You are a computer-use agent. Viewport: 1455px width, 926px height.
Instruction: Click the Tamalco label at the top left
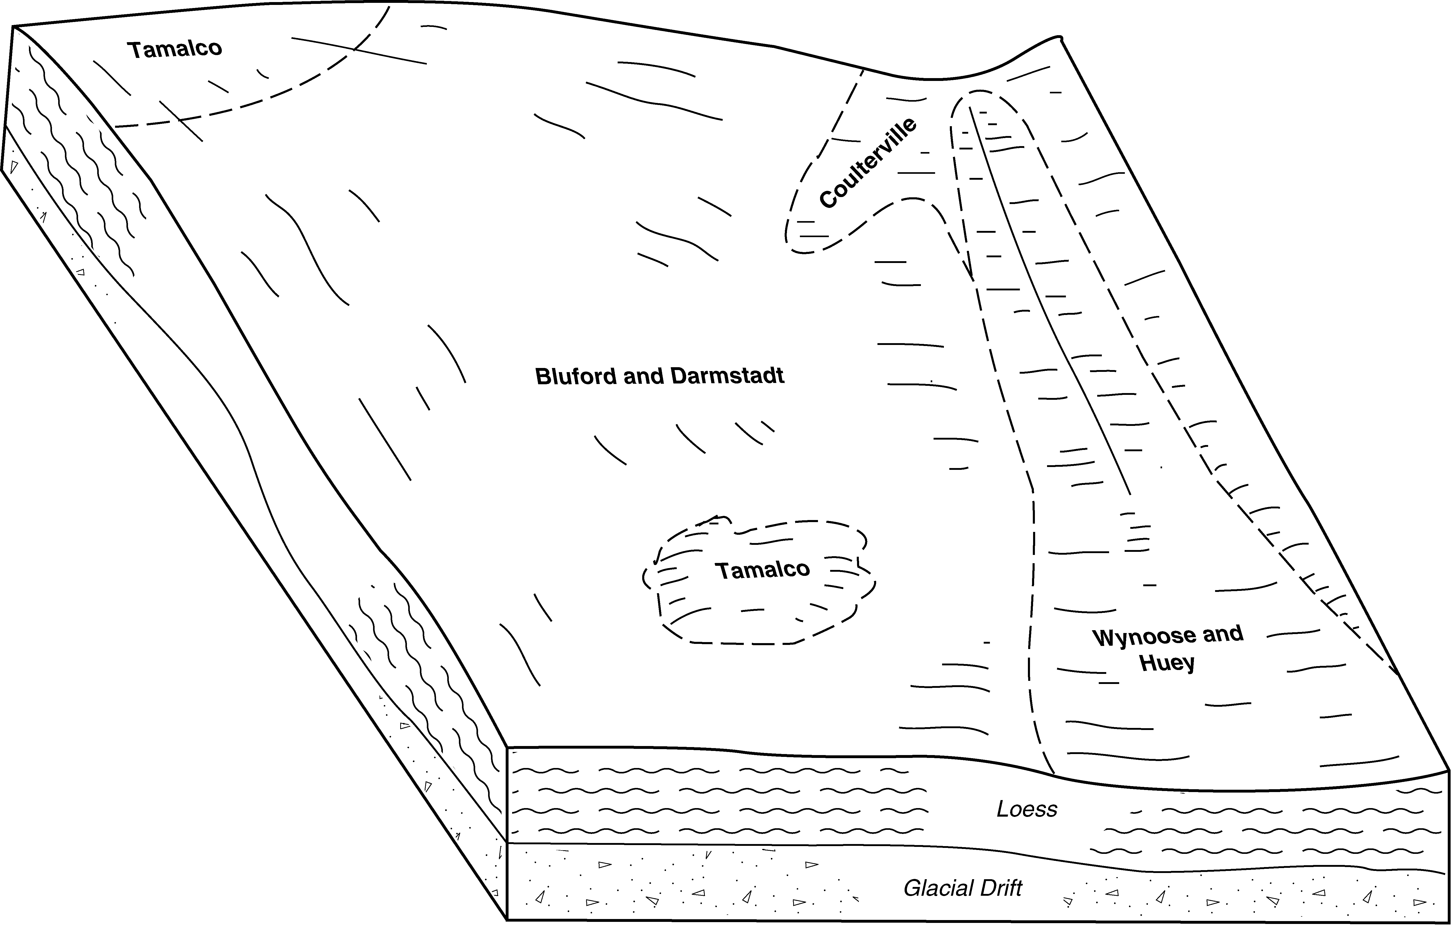pyautogui.click(x=175, y=49)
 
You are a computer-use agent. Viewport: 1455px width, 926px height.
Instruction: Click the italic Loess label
pyautogui.click(x=1027, y=809)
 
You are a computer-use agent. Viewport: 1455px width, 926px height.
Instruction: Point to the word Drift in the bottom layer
pyautogui.click(x=1001, y=889)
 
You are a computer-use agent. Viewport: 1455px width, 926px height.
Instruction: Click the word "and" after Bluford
pyautogui.click(x=643, y=376)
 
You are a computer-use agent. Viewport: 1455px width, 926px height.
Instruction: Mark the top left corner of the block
pyautogui.click(x=13, y=27)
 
